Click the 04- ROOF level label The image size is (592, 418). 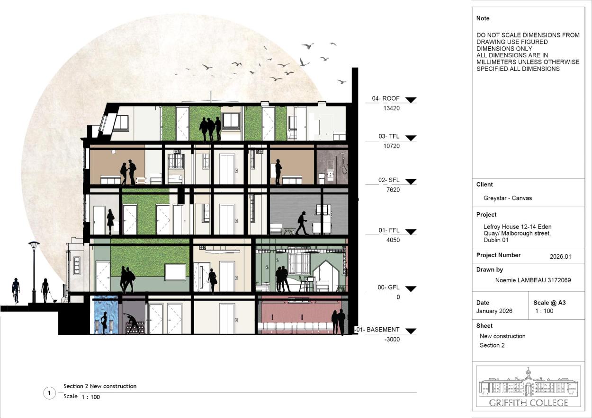(x=386, y=98)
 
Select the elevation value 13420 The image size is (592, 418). (x=391, y=108)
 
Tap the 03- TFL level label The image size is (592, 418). (x=389, y=137)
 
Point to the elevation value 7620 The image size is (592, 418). (x=393, y=190)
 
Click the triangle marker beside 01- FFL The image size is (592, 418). (x=411, y=232)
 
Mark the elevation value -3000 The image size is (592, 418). (x=392, y=340)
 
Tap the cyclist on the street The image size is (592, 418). (x=16, y=290)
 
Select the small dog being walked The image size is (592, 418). (x=54, y=300)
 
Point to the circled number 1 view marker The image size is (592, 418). (x=49, y=393)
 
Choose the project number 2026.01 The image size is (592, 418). (x=560, y=256)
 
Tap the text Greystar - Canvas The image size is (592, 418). (x=508, y=198)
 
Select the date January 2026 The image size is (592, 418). (x=494, y=311)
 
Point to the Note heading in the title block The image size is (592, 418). (x=483, y=18)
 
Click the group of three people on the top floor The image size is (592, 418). (x=210, y=129)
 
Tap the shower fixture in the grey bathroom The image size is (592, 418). (x=343, y=163)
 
